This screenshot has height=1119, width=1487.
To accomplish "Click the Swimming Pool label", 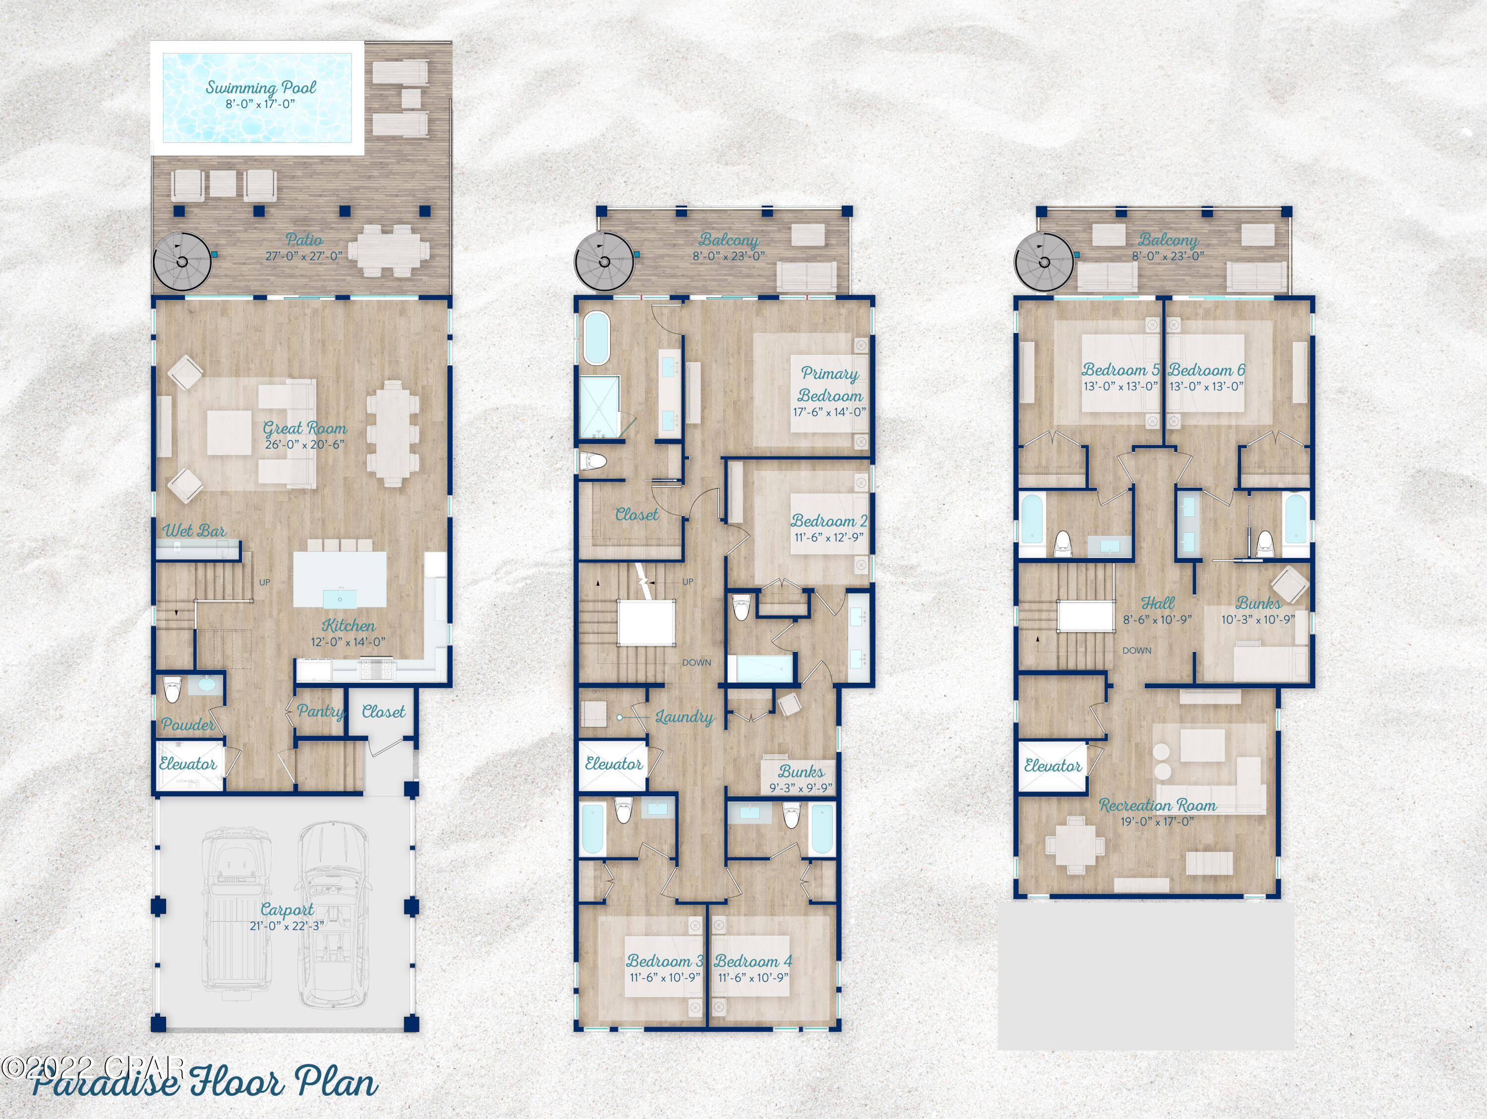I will [260, 87].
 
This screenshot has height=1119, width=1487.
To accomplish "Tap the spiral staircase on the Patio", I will [182, 262].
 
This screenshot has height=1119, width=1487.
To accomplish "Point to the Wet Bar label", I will [194, 531].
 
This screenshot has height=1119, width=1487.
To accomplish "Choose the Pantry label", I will [320, 711].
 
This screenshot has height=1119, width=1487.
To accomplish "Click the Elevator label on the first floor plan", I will [187, 764].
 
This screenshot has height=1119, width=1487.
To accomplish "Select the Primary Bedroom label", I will [830, 385].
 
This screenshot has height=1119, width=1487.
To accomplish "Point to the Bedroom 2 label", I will [828, 521].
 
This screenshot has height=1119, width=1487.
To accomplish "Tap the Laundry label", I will [685, 717].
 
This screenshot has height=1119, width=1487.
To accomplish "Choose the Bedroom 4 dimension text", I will [753, 978].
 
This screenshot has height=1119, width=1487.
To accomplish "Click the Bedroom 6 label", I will [1206, 370].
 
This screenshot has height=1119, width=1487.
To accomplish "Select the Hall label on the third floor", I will [1157, 603].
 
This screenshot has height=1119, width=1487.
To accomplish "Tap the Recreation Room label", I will [1157, 805].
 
